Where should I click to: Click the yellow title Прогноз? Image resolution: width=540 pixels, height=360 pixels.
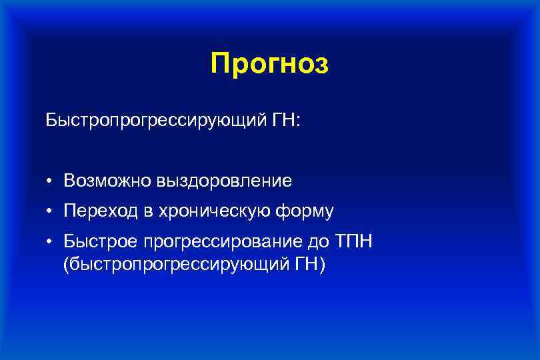[269, 64]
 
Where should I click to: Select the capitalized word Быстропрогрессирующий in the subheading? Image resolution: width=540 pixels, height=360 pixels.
[147, 122]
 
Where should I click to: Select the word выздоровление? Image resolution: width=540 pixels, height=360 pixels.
[225, 181]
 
